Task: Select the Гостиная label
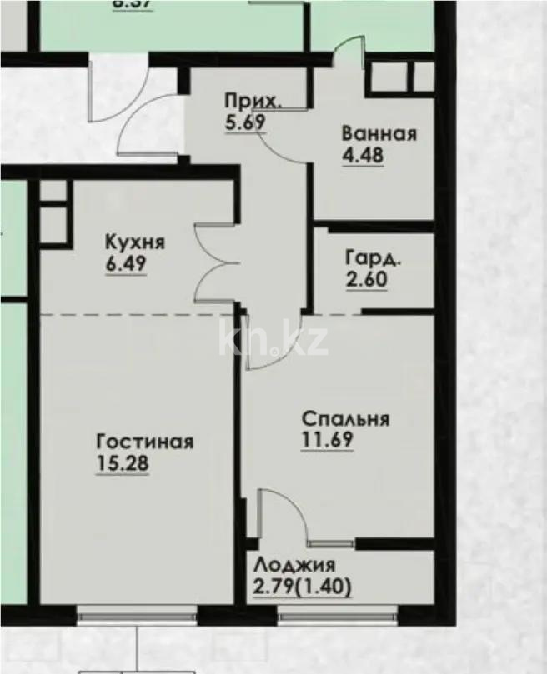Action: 145,442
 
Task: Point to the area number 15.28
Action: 123,464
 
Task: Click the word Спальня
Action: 345,419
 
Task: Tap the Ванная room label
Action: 379,134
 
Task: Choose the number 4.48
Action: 362,155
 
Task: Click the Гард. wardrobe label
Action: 373,257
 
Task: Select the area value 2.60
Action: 366,279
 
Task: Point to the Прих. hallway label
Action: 253,102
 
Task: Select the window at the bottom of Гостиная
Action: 136,617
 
